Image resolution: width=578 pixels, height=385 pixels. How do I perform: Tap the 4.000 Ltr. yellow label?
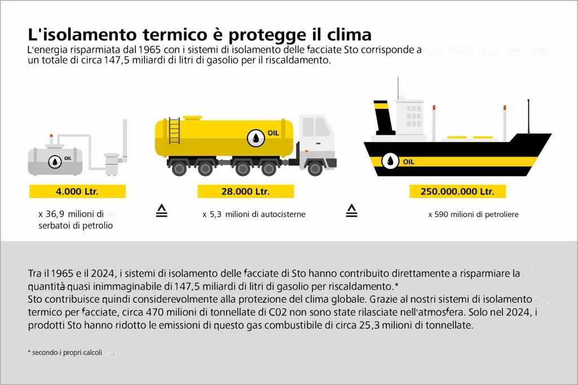77,192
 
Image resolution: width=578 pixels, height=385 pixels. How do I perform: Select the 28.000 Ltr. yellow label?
245,192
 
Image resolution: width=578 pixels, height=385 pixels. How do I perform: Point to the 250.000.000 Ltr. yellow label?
457,192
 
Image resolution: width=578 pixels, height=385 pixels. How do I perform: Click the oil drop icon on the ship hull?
390,161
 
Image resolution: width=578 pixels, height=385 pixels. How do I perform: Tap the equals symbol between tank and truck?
162,211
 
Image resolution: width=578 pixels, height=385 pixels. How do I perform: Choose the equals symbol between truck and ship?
352,211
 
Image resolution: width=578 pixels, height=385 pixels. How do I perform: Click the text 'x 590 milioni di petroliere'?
473,214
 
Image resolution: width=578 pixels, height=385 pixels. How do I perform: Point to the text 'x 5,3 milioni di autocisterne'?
254,214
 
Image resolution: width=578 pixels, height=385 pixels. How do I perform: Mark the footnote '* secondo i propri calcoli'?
65,352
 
